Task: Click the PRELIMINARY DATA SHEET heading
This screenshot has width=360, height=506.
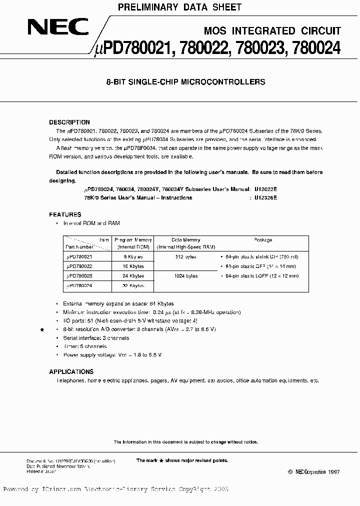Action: tap(179, 7)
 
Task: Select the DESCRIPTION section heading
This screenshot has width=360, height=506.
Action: tap(69, 122)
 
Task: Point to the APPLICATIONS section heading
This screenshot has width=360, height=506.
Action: tap(71, 371)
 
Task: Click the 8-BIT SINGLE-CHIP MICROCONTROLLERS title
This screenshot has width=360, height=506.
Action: tap(185, 82)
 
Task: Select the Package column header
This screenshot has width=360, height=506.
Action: tap(263, 239)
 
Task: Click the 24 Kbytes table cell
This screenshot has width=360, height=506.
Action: tap(133, 275)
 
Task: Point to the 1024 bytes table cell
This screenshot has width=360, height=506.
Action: tap(185, 275)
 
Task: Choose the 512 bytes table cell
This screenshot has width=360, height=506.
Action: tap(185, 257)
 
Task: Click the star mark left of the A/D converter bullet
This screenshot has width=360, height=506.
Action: tap(42, 330)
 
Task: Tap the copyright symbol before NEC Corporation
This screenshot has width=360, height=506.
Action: tap(290, 472)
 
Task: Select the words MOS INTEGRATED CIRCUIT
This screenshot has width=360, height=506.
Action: tap(272, 31)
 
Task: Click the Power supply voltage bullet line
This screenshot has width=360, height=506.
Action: tap(112, 354)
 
